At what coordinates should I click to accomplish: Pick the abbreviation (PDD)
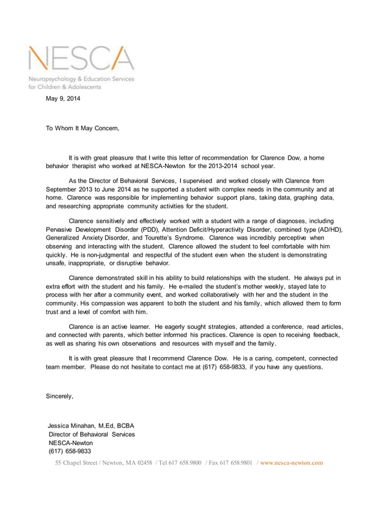tap(167, 229)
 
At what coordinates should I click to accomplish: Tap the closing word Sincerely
tap(60, 396)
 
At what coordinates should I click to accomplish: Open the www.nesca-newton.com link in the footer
tap(292, 463)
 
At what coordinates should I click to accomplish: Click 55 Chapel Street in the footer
tap(78, 463)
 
